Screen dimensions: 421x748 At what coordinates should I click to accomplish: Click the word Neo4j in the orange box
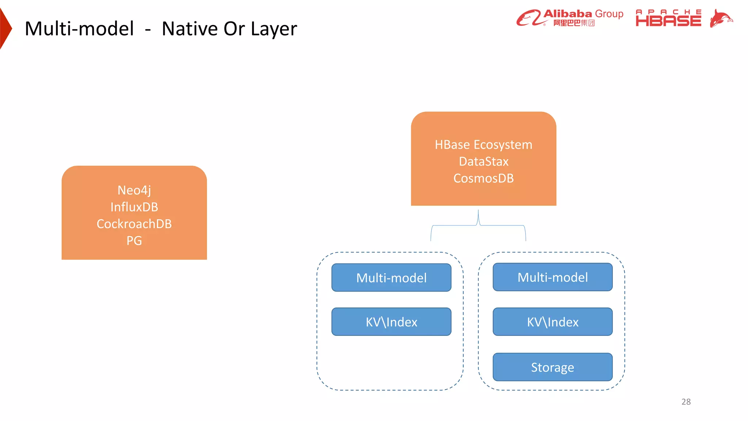point(134,190)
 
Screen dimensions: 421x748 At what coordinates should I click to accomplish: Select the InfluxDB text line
point(134,207)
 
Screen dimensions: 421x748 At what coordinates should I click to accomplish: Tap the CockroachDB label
point(134,224)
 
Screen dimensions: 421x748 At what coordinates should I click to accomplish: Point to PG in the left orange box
point(134,241)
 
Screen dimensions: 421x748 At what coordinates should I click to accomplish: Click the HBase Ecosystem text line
point(483,145)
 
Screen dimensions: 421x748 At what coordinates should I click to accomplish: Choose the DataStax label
point(483,162)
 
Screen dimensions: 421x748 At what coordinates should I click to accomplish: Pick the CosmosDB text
point(483,178)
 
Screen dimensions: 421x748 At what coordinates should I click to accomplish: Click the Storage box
point(552,367)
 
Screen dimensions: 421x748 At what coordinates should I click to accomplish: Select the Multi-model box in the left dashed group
point(391,278)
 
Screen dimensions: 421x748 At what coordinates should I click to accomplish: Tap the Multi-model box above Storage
point(552,277)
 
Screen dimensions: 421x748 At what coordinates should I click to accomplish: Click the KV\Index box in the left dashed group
point(391,322)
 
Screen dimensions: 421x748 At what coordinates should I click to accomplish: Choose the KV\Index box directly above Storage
point(552,322)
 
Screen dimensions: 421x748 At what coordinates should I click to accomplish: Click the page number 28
point(686,402)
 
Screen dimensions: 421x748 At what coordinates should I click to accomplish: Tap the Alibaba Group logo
point(570,18)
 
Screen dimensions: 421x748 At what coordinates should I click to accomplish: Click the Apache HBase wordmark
point(668,18)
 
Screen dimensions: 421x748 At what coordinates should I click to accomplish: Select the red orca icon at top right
point(721,18)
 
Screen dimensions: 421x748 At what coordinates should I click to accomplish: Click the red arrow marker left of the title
point(5,29)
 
